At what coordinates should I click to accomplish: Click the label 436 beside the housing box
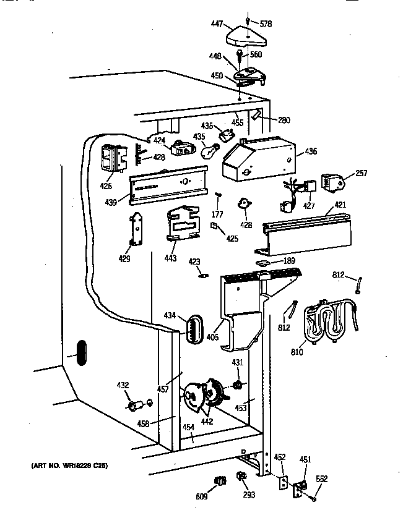310,151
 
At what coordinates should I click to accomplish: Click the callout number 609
202,496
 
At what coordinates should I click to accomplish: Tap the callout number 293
249,496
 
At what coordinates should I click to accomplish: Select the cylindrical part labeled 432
134,406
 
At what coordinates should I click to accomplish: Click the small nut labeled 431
236,386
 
